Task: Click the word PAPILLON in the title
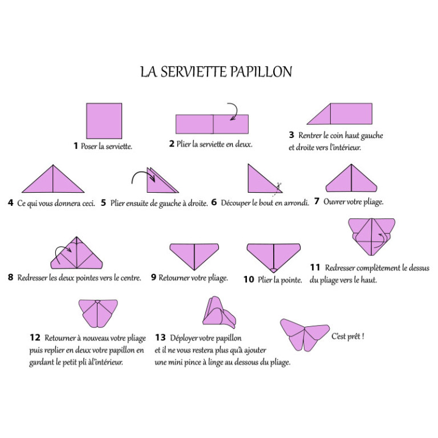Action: (x=261, y=72)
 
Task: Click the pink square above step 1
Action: (x=104, y=121)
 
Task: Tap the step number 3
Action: (x=291, y=135)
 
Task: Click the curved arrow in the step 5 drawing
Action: (x=143, y=176)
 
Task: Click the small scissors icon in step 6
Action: (x=278, y=186)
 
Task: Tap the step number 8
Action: (x=11, y=277)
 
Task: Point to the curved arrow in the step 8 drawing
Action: (x=62, y=253)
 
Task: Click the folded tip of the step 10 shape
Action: (x=274, y=270)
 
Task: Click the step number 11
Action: (x=315, y=267)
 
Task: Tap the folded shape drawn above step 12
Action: (x=98, y=313)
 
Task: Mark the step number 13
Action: (x=160, y=338)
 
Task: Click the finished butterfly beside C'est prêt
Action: (x=305, y=335)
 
